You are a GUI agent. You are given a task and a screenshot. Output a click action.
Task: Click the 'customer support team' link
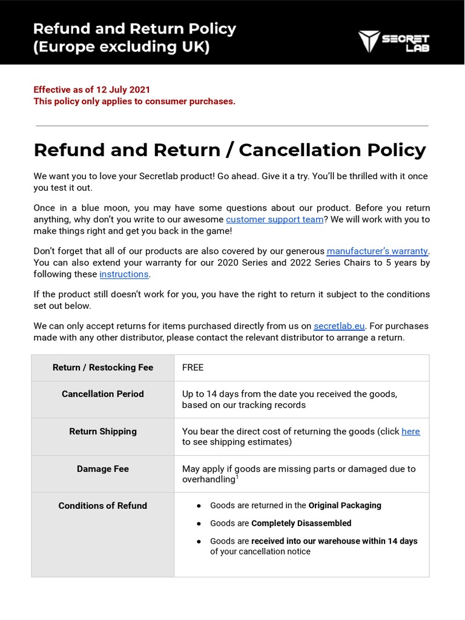pos(274,219)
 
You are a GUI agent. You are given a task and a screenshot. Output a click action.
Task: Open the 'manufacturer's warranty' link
pos(378,251)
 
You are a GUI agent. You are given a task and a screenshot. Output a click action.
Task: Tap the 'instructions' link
pos(124,274)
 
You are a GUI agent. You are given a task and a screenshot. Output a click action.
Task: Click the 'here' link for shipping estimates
pos(411,431)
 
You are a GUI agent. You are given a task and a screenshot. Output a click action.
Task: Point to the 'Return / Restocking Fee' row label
pos(103,368)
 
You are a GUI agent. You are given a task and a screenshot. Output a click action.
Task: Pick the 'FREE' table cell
pos(193,368)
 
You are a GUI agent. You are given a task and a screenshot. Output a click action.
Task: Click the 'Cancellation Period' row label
pos(103,394)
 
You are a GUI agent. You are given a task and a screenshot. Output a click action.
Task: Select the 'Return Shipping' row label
pos(103,431)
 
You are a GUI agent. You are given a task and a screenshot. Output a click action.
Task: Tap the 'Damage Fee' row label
pos(103,469)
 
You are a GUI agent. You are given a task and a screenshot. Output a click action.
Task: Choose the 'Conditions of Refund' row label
pos(103,506)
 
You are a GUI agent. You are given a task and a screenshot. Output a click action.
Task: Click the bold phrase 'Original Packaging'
pos(345,505)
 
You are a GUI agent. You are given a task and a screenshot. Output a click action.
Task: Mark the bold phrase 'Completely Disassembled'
pos(301,523)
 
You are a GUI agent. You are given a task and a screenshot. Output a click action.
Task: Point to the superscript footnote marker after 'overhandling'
pos(237,477)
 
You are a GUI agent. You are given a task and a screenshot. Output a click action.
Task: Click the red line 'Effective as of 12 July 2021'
pos(92,90)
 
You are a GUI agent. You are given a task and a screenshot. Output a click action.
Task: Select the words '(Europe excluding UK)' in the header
pos(122,47)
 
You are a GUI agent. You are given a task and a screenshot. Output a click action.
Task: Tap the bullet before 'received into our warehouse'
pos(199,541)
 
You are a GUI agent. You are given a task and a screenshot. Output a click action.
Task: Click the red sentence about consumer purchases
pos(134,101)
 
